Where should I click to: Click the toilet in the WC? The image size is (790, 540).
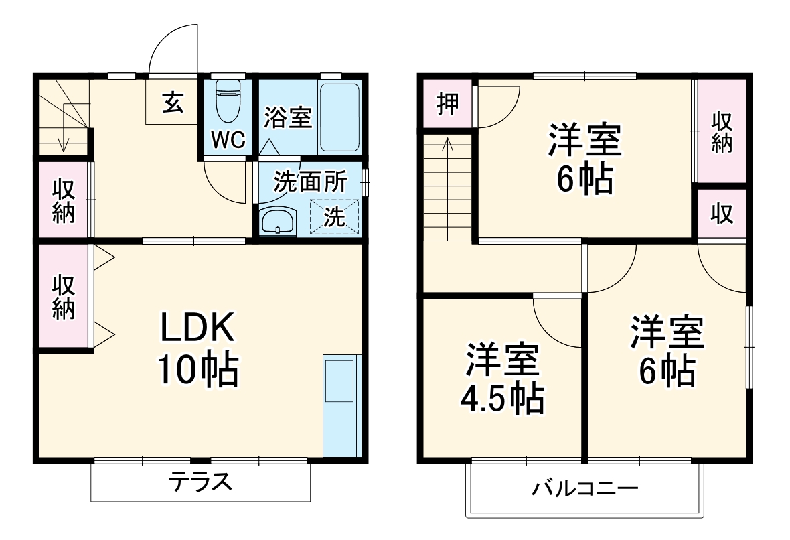pyautogui.click(x=229, y=100)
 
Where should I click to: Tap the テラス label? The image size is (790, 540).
pyautogui.click(x=200, y=481)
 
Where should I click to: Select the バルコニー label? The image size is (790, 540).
pyautogui.click(x=585, y=488)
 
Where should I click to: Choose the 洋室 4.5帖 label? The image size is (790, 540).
pyautogui.click(x=502, y=379)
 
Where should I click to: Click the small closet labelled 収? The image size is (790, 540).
pyautogui.click(x=721, y=214)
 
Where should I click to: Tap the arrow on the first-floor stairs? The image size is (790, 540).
pyautogui.click(x=64, y=142)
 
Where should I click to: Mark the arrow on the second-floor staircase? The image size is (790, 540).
pyautogui.click(x=447, y=144)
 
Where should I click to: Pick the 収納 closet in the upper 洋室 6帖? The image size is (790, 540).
pyautogui.click(x=721, y=131)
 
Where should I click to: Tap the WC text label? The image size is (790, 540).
pyautogui.click(x=229, y=140)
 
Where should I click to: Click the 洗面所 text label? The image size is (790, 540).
pyautogui.click(x=311, y=182)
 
